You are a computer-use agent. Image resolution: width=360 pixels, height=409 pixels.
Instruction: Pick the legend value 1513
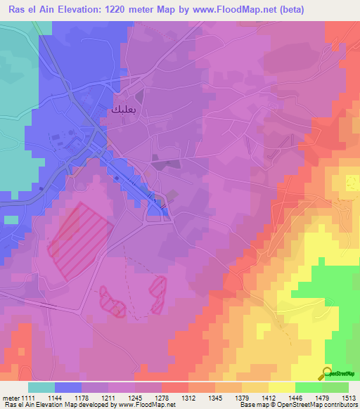(348, 397)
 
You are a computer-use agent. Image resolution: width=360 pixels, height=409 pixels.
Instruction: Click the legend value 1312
(188, 397)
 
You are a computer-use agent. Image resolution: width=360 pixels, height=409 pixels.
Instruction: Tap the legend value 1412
(269, 397)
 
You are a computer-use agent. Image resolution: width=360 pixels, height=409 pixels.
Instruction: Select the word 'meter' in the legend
(11, 397)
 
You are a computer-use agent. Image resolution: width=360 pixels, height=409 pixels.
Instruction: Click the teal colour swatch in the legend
(41, 387)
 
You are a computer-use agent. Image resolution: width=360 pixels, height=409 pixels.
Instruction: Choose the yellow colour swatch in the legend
(281, 387)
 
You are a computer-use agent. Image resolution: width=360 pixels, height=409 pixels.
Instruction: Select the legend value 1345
(215, 397)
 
